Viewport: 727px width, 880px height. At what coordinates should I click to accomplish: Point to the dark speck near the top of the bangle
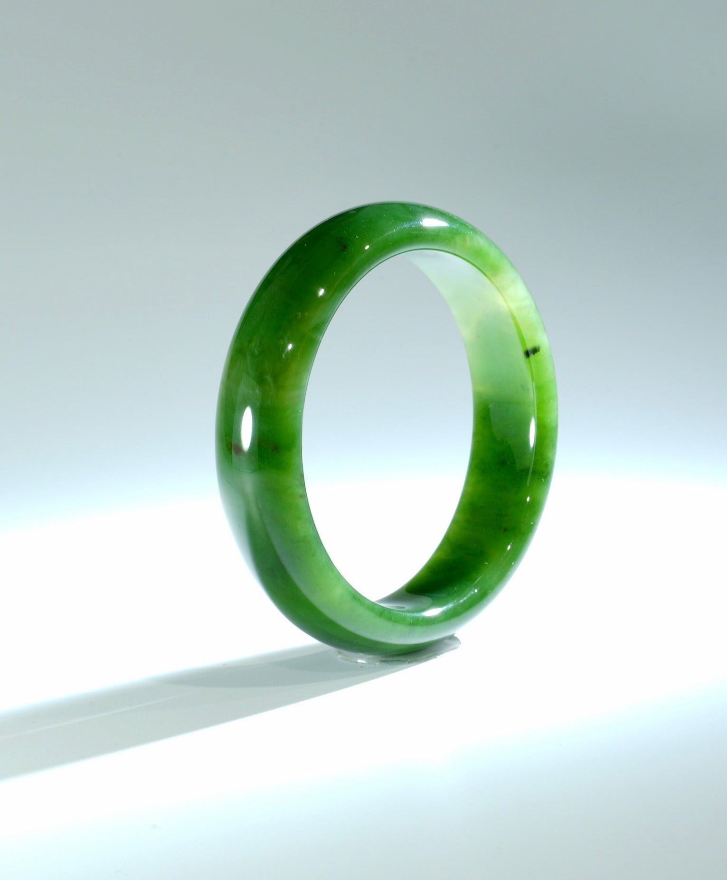pyautogui.click(x=340, y=245)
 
